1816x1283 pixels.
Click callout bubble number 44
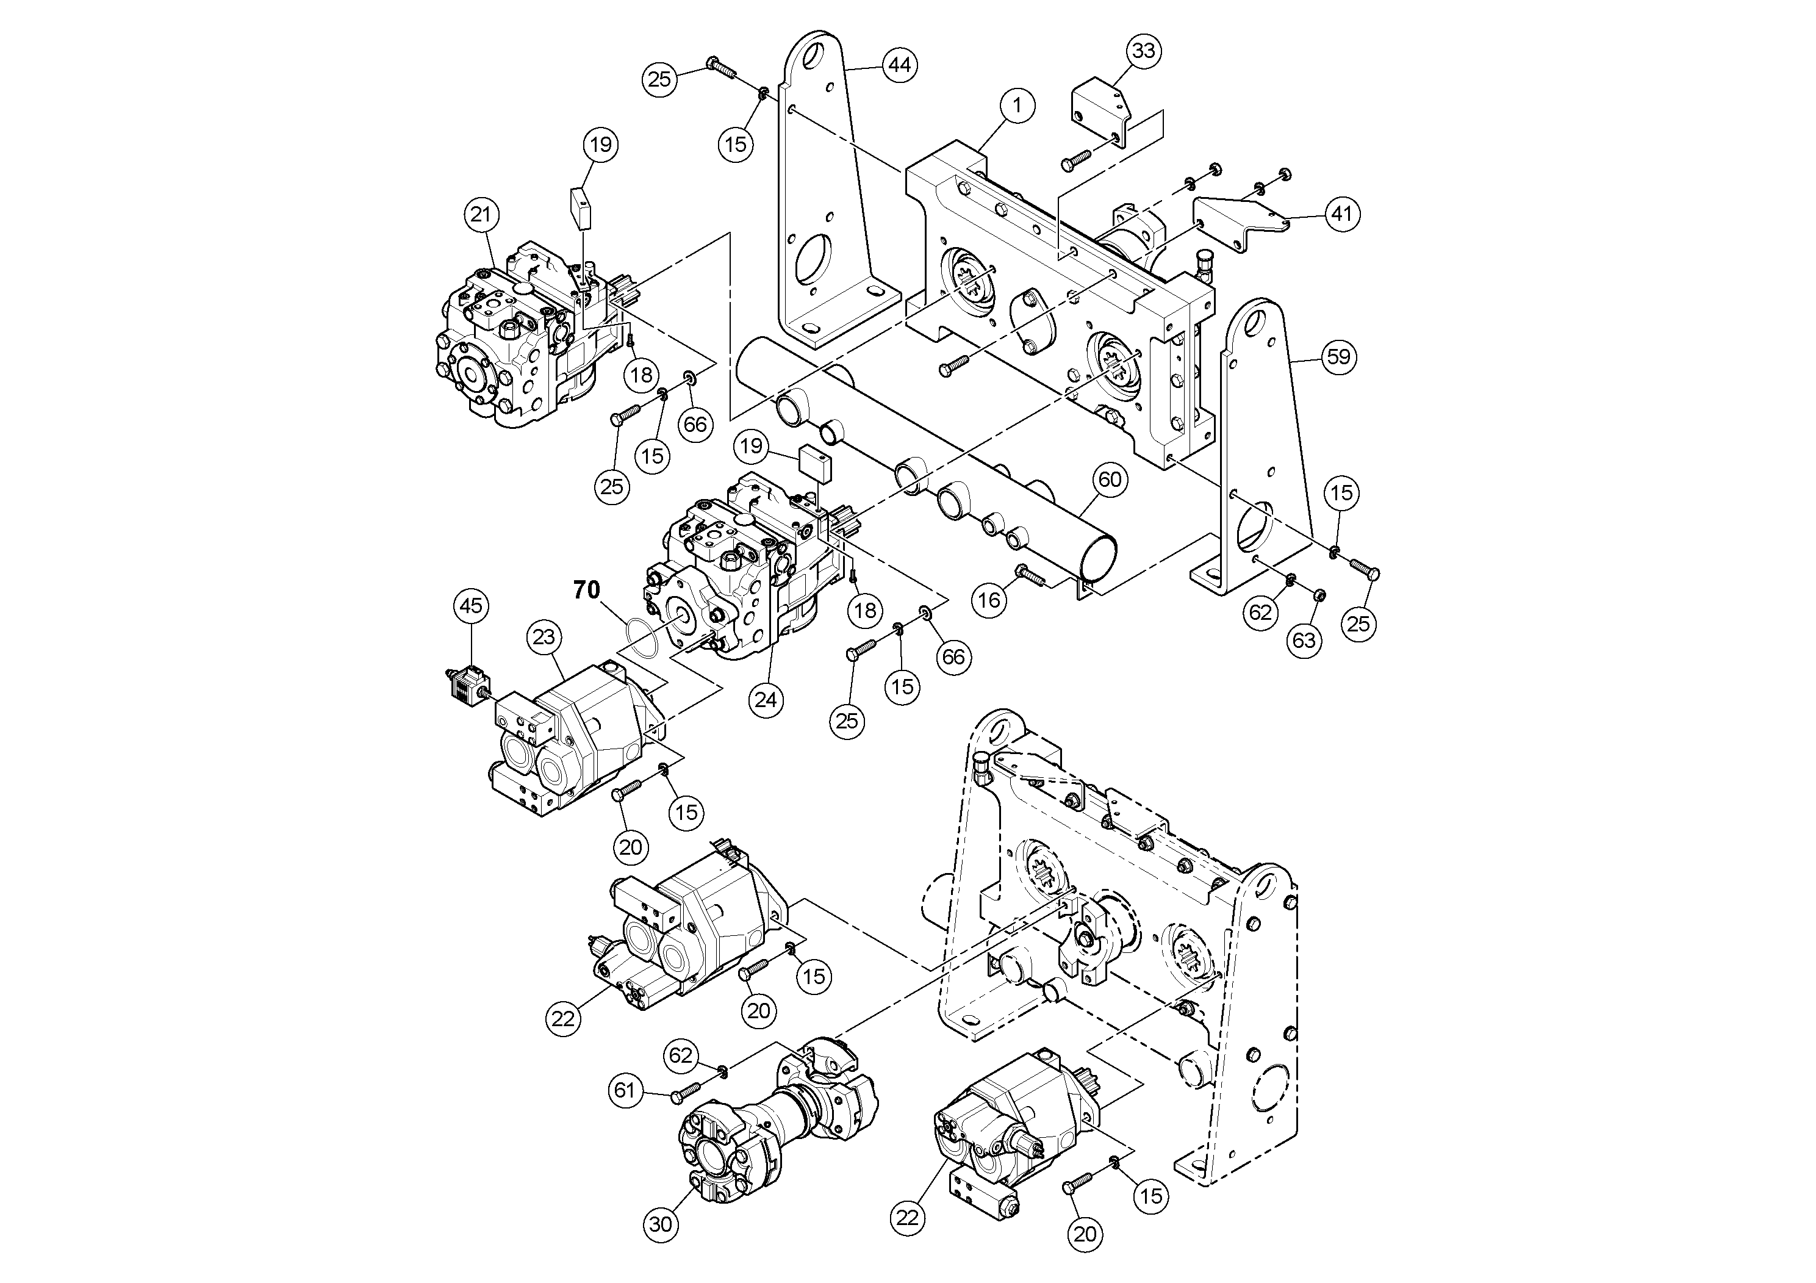point(899,65)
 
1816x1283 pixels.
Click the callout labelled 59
point(1338,358)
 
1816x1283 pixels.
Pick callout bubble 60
point(1110,480)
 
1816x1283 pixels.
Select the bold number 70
point(587,590)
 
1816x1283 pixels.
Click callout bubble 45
point(472,606)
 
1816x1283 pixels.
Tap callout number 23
point(544,637)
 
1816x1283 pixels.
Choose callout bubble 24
point(766,699)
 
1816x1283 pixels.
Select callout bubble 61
point(625,1091)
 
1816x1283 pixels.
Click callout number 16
point(989,600)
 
